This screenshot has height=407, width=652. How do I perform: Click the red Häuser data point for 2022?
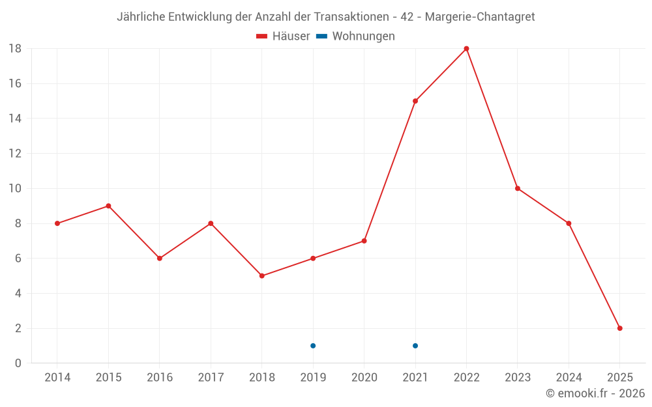click(466, 48)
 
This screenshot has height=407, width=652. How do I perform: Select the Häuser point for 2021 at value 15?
click(415, 101)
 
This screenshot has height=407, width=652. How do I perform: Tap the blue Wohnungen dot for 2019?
click(313, 346)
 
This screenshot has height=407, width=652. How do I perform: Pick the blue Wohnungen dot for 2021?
click(415, 346)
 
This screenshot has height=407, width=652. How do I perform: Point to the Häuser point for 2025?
click(619, 328)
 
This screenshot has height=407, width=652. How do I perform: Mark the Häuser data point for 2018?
click(261, 275)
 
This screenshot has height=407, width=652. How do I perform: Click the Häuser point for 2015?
click(108, 206)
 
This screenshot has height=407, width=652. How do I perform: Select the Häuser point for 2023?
click(518, 188)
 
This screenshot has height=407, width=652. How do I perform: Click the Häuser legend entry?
click(283, 36)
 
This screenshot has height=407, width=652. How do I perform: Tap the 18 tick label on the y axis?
click(14, 49)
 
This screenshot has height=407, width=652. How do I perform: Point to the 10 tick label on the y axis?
click(14, 189)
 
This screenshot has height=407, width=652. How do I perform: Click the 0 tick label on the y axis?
click(18, 363)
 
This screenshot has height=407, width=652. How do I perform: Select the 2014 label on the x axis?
click(57, 378)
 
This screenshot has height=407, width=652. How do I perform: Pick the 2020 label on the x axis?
click(364, 378)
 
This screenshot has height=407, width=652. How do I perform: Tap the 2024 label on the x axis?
click(569, 378)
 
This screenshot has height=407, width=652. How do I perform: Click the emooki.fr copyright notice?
click(595, 393)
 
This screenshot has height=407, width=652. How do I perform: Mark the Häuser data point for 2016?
click(159, 259)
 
